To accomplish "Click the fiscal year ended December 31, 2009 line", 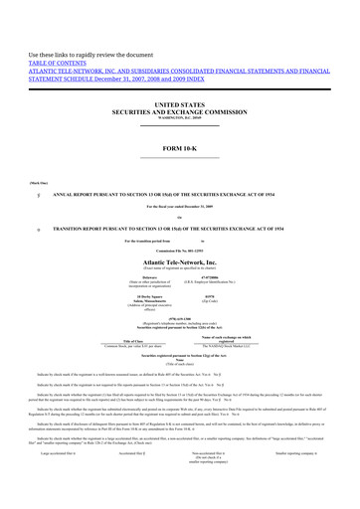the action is click(x=179, y=205).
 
